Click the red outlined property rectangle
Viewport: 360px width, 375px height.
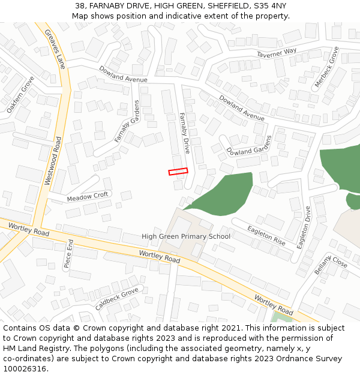click(178, 172)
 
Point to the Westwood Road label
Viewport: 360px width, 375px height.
click(53, 161)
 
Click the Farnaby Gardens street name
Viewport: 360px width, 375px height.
click(127, 121)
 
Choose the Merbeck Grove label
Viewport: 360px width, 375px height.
click(326, 67)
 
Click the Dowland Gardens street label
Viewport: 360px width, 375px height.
click(250, 148)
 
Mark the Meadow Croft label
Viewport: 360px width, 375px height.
click(88, 196)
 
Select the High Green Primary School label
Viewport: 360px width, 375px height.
click(186, 236)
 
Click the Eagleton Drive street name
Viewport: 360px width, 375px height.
click(304, 227)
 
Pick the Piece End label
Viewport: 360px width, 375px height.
click(68, 254)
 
